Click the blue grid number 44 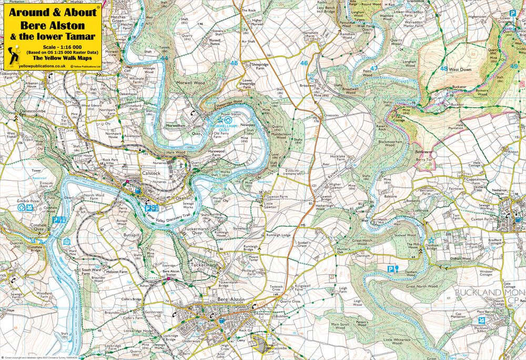tap(165, 58)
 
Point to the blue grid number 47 tap(374, 68)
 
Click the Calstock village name tap(151, 172)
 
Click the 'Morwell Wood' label tap(191, 83)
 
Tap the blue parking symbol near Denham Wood tap(390, 269)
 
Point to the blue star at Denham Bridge tap(430, 240)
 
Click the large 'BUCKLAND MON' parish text tap(489, 292)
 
